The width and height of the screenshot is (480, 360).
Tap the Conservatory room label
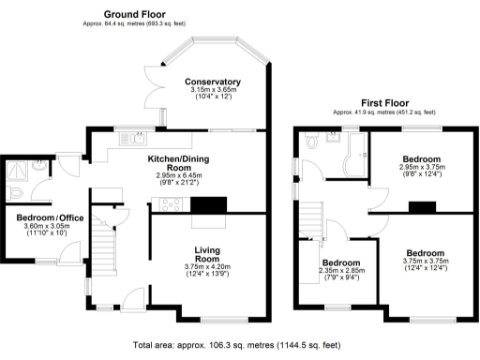point(213,82)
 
